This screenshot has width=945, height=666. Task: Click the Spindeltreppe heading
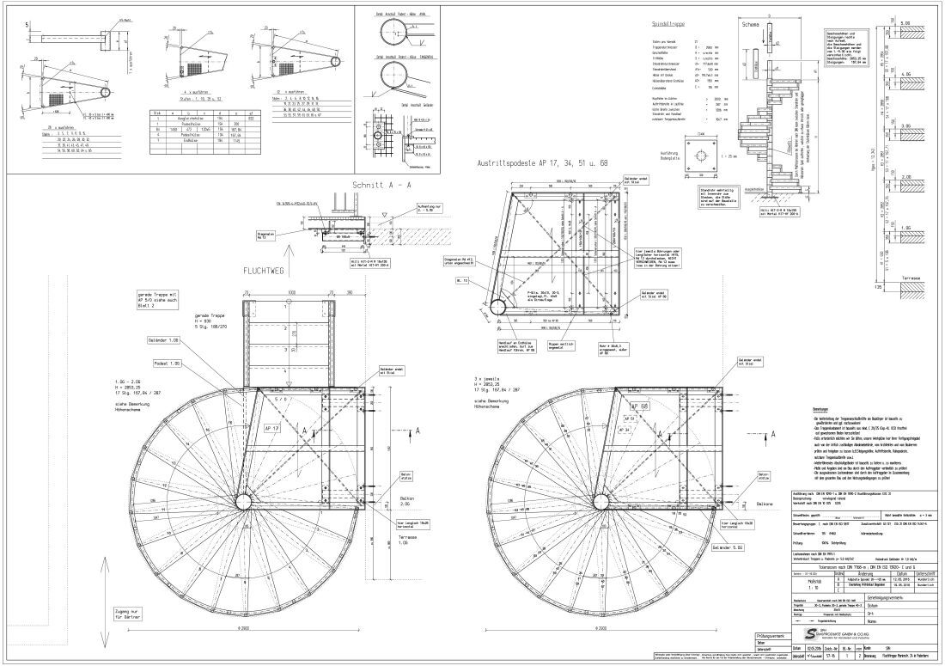coord(665,25)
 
